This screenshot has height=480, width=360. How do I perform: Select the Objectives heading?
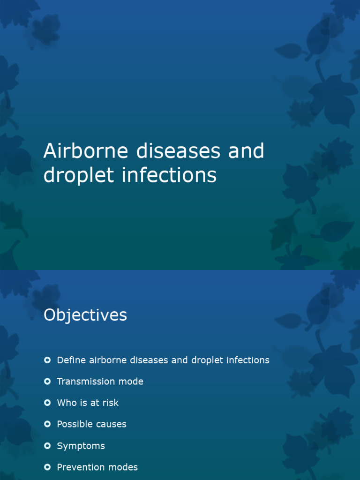(x=85, y=315)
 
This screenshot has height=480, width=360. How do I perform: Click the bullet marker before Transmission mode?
(x=47, y=382)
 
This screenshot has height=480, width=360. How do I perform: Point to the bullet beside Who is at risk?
(x=47, y=403)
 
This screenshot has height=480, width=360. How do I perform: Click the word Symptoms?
(x=81, y=446)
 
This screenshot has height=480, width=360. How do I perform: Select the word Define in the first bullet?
(x=71, y=360)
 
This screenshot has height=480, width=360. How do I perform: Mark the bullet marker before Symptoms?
(x=47, y=445)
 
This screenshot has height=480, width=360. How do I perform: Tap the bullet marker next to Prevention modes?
(x=47, y=467)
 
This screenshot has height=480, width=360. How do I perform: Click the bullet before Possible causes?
(x=47, y=424)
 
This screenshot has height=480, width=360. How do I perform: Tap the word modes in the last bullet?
(x=124, y=467)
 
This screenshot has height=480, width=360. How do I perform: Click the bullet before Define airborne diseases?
(x=47, y=360)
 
